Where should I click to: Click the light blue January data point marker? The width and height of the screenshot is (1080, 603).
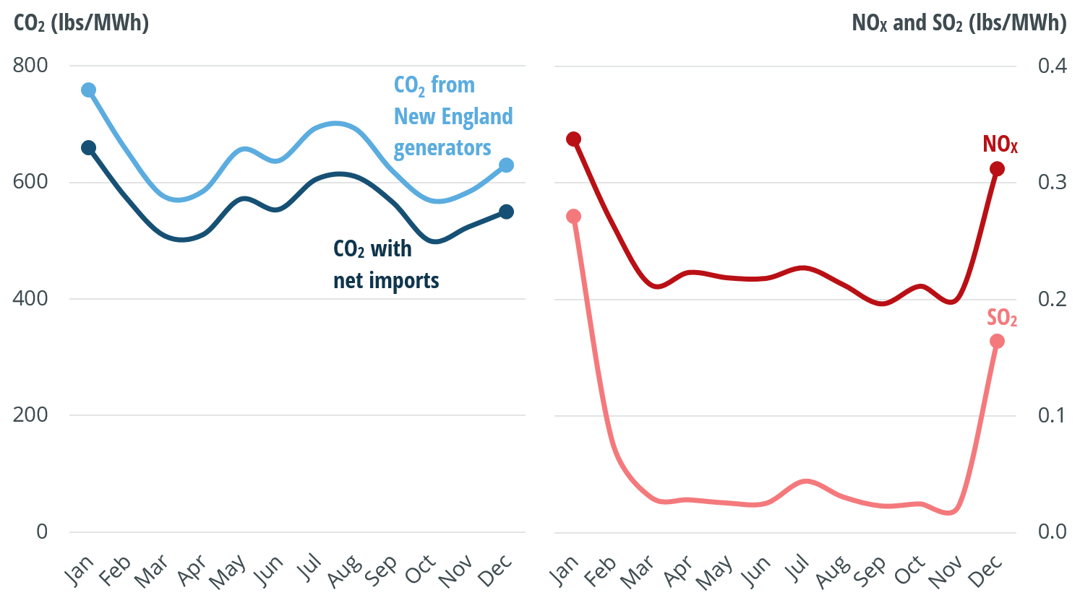[x=89, y=90]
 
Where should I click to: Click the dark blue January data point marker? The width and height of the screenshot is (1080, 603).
[x=89, y=148]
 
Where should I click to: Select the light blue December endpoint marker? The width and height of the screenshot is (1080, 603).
[x=506, y=165]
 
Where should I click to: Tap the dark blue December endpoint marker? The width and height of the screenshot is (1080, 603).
[x=506, y=212]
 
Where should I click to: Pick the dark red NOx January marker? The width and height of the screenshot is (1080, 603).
[x=574, y=139]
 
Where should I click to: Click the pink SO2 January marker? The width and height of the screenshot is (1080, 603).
[x=574, y=217]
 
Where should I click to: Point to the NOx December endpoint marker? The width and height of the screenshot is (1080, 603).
[x=997, y=169]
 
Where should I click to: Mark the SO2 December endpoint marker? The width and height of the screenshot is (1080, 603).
[x=997, y=342]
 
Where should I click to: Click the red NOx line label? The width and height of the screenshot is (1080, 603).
[x=1000, y=144]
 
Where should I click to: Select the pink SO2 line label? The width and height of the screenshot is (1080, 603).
[x=1002, y=318]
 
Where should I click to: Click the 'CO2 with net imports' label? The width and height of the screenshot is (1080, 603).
[x=386, y=264]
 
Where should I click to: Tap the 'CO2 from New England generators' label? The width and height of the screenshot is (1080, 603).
[x=453, y=116]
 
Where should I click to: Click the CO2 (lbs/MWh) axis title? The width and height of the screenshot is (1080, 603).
[x=82, y=23]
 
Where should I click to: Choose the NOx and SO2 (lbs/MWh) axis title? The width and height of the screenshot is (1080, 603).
[x=959, y=23]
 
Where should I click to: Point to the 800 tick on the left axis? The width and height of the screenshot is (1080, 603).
[x=30, y=66]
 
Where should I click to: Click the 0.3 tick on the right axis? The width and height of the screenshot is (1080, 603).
[x=1052, y=182]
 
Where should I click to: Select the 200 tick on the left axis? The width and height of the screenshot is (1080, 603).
[x=30, y=415]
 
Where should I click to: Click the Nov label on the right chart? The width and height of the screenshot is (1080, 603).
[x=945, y=571]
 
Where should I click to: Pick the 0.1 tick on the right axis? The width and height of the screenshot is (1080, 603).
[x=1052, y=415]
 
